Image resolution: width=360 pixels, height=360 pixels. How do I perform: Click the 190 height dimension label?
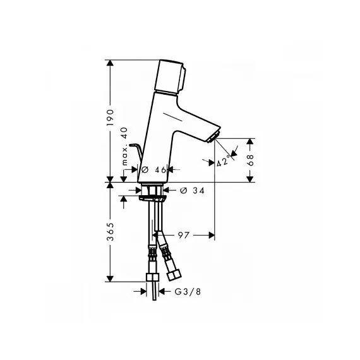111,117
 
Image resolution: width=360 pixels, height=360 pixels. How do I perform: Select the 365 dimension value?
111,232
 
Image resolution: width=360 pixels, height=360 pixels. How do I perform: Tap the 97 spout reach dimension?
183,235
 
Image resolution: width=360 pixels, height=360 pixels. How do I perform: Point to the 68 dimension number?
250,160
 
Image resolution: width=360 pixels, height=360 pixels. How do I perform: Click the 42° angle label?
223,161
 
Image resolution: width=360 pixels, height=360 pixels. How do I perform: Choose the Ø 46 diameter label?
154,170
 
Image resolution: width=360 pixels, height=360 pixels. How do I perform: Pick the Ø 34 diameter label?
193,190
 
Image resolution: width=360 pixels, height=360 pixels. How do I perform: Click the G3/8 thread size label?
188,292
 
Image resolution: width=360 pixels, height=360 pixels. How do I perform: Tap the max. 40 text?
124,147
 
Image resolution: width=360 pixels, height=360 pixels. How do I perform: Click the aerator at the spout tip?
213,138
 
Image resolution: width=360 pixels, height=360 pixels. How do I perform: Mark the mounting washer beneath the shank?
152,198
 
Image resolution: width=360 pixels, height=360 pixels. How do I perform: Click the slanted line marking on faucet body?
172,117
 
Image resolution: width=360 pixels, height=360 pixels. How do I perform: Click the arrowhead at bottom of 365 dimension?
111,278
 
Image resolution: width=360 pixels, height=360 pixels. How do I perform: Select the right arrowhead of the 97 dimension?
211,235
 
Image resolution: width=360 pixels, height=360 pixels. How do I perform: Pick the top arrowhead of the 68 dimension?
250,142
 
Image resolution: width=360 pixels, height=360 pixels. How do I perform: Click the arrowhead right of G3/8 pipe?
162,292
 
